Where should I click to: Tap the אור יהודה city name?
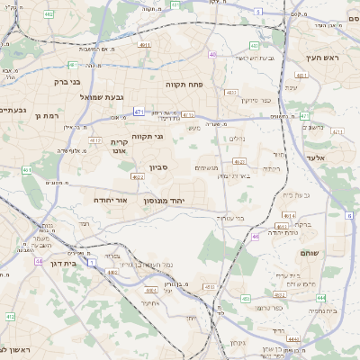pos(112,201)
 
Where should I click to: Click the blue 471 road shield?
pos(139,112)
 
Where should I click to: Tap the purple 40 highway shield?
pos(212,55)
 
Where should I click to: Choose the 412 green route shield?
pos(10,317)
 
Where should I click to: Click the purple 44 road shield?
pos(39,261)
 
